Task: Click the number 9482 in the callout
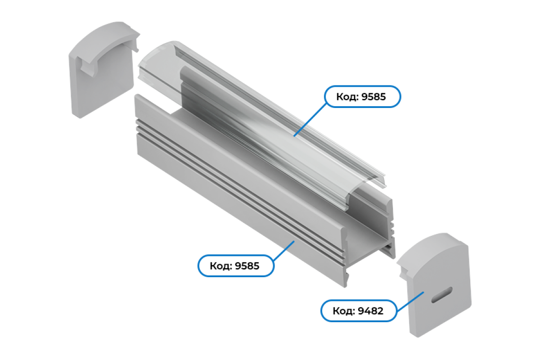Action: tap(370, 311)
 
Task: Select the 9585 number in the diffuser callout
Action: tap(373, 97)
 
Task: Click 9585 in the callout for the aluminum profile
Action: tap(247, 266)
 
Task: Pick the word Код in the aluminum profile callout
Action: tap(220, 266)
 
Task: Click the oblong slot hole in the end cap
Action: tap(441, 295)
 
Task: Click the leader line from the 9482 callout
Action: tap(410, 301)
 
